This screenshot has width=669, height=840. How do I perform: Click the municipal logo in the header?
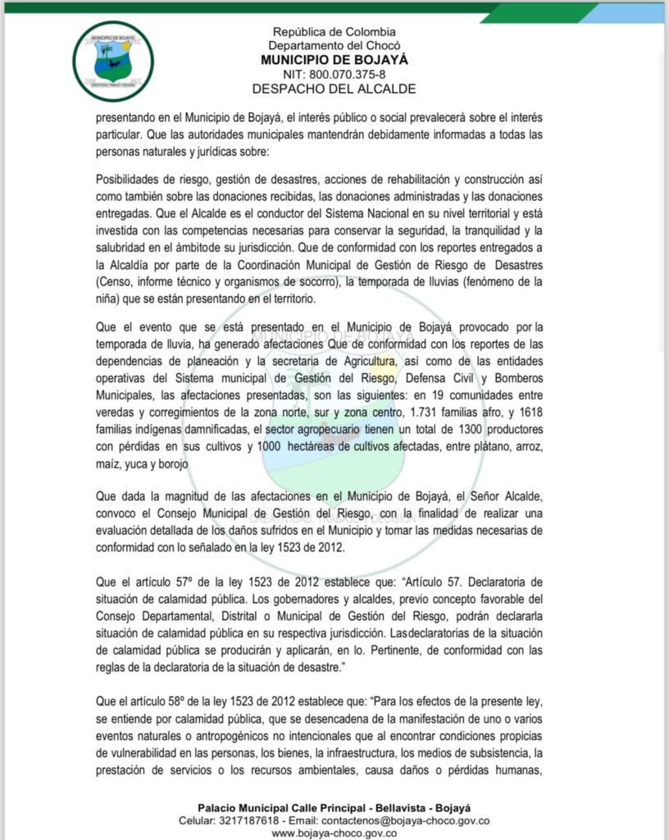[113, 60]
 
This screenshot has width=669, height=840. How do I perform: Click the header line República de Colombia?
[334, 32]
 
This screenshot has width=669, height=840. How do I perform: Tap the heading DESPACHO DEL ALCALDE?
[334, 89]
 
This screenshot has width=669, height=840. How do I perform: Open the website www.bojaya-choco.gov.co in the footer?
[334, 833]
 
